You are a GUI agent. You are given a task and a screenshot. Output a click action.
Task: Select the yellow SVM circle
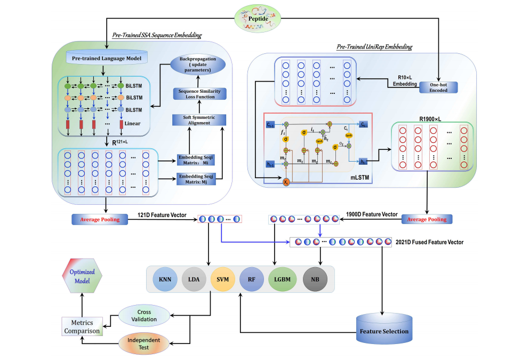tap(223, 279)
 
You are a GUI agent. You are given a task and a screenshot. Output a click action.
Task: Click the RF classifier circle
tap(252, 279)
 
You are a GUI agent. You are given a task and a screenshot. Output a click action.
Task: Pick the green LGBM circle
tap(282, 279)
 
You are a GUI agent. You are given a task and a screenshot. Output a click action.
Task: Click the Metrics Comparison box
tap(82, 326)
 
